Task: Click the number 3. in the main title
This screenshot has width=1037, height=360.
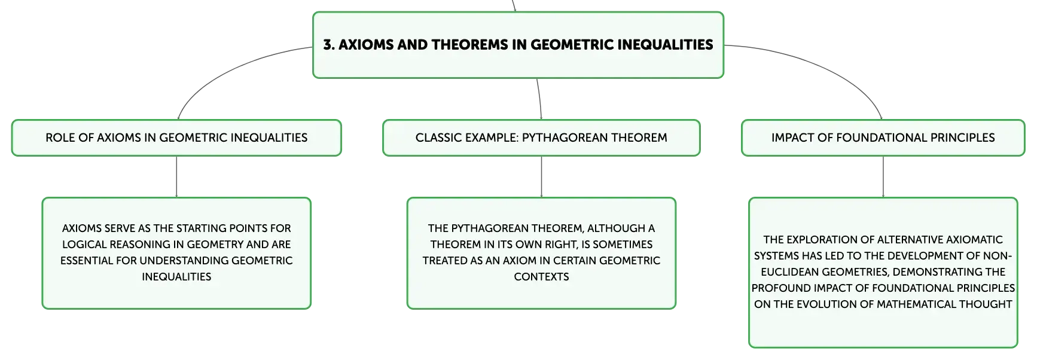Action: [328, 45]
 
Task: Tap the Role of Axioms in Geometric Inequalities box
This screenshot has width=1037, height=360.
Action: [176, 138]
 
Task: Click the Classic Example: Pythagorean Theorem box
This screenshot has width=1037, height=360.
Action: [541, 138]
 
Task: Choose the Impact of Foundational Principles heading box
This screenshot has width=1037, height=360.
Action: [883, 138]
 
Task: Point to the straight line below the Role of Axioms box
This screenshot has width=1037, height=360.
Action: [176, 177]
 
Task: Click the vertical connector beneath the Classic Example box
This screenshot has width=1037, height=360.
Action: [541, 177]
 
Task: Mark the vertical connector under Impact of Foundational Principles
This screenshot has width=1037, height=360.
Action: [883, 177]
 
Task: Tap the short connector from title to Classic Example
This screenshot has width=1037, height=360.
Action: [540, 99]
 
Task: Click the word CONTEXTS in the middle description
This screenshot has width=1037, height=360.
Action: [541, 277]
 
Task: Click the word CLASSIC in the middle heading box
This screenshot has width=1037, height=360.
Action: [437, 138]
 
